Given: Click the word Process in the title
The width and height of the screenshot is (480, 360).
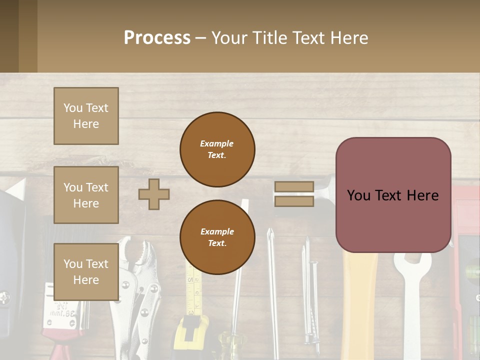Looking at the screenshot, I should (157, 37).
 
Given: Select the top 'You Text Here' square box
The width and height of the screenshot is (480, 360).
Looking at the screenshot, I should (86, 116).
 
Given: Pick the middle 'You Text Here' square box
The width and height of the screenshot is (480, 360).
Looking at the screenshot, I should (86, 195).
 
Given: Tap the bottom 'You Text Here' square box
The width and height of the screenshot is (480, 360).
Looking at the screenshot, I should (86, 271).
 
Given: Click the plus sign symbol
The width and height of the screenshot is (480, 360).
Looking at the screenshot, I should (154, 193).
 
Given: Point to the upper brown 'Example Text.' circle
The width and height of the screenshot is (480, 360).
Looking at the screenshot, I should (217, 149).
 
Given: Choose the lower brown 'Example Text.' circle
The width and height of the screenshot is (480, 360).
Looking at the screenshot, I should (217, 237).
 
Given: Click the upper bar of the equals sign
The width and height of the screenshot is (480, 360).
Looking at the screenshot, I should (294, 186).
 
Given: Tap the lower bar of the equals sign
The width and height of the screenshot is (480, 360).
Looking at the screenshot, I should (294, 201).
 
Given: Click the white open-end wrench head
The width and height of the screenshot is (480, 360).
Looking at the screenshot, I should (412, 262).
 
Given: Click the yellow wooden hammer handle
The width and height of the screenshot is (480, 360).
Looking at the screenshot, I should (360, 300).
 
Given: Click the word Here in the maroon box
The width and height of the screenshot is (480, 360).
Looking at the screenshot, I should (422, 195).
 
